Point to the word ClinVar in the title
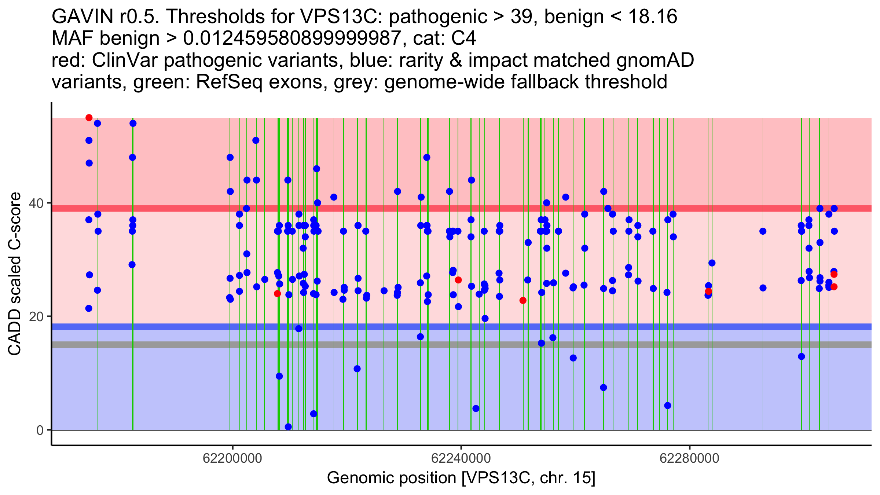pyautogui.click(x=125, y=60)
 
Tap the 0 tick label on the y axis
pyautogui.click(x=40, y=430)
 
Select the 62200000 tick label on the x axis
pyautogui.click(x=232, y=458)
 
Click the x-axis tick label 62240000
pyautogui.click(x=461, y=458)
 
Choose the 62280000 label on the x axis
pyautogui.click(x=689, y=458)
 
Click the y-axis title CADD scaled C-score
pyautogui.click(x=15, y=274)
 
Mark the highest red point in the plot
pyautogui.click(x=89, y=118)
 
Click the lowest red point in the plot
pyautogui.click(x=523, y=301)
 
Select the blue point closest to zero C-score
pyautogui.click(x=288, y=427)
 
